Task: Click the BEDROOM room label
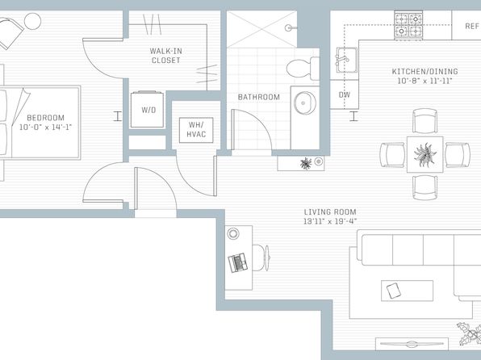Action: [46, 118]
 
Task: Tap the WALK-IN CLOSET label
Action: [165, 56]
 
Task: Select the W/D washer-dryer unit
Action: [147, 109]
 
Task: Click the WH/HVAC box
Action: [196, 130]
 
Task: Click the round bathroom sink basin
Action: [304, 103]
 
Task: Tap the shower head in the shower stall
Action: [290, 28]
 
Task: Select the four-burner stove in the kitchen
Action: [408, 26]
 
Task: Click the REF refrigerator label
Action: [472, 26]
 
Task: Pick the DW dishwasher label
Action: [344, 94]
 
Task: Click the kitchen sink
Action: [346, 60]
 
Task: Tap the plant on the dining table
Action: [425, 154]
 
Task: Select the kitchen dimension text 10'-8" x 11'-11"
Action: [425, 81]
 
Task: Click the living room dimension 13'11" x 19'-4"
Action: [330, 221]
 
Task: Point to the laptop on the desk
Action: [238, 262]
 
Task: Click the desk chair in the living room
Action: [260, 257]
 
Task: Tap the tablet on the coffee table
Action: [394, 291]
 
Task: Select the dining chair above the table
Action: [425, 120]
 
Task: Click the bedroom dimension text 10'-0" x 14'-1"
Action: [45, 127]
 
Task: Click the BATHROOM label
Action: [259, 98]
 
